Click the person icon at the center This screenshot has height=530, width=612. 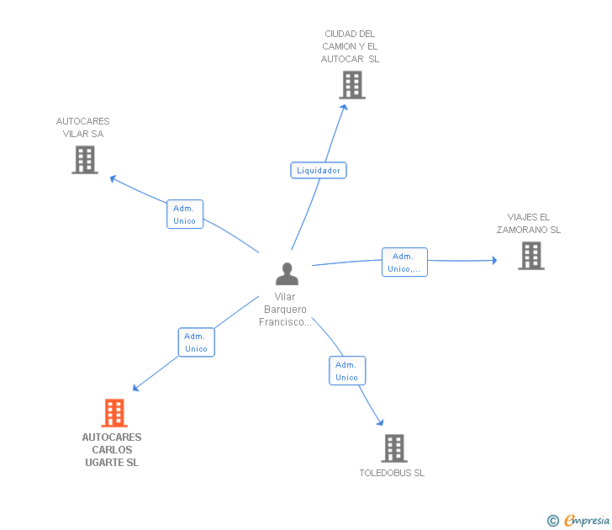(287, 274)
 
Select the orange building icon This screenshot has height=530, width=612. (114, 413)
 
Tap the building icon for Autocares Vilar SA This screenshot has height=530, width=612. (85, 159)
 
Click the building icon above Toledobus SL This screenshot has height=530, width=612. (394, 448)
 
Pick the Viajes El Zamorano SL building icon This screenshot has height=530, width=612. (531, 256)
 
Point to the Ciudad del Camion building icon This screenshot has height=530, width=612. (352, 85)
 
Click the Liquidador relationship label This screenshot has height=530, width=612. (319, 170)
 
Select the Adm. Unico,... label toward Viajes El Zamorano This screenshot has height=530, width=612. (404, 262)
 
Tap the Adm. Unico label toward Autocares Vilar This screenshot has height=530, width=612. (184, 215)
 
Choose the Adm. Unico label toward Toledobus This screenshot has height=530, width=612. (346, 371)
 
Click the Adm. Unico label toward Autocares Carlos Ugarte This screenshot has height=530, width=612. (196, 342)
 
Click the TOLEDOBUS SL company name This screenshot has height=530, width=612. (392, 473)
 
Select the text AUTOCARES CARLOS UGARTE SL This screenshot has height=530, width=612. (112, 450)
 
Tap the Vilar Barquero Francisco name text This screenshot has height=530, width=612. (286, 310)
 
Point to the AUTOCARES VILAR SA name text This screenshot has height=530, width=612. (82, 127)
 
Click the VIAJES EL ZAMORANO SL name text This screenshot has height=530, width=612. (528, 223)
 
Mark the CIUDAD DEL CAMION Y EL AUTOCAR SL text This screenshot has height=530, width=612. (350, 46)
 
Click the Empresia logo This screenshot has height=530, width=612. (587, 521)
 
